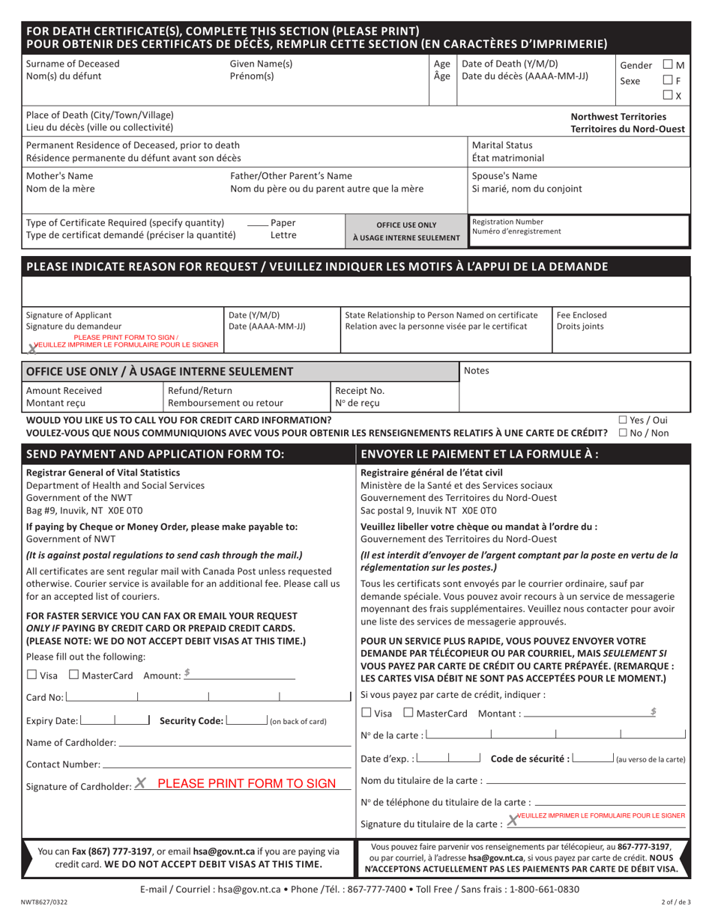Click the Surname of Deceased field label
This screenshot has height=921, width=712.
tap(73, 64)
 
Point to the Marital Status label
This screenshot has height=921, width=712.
tap(502, 145)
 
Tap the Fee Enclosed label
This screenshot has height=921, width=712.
tap(582, 314)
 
